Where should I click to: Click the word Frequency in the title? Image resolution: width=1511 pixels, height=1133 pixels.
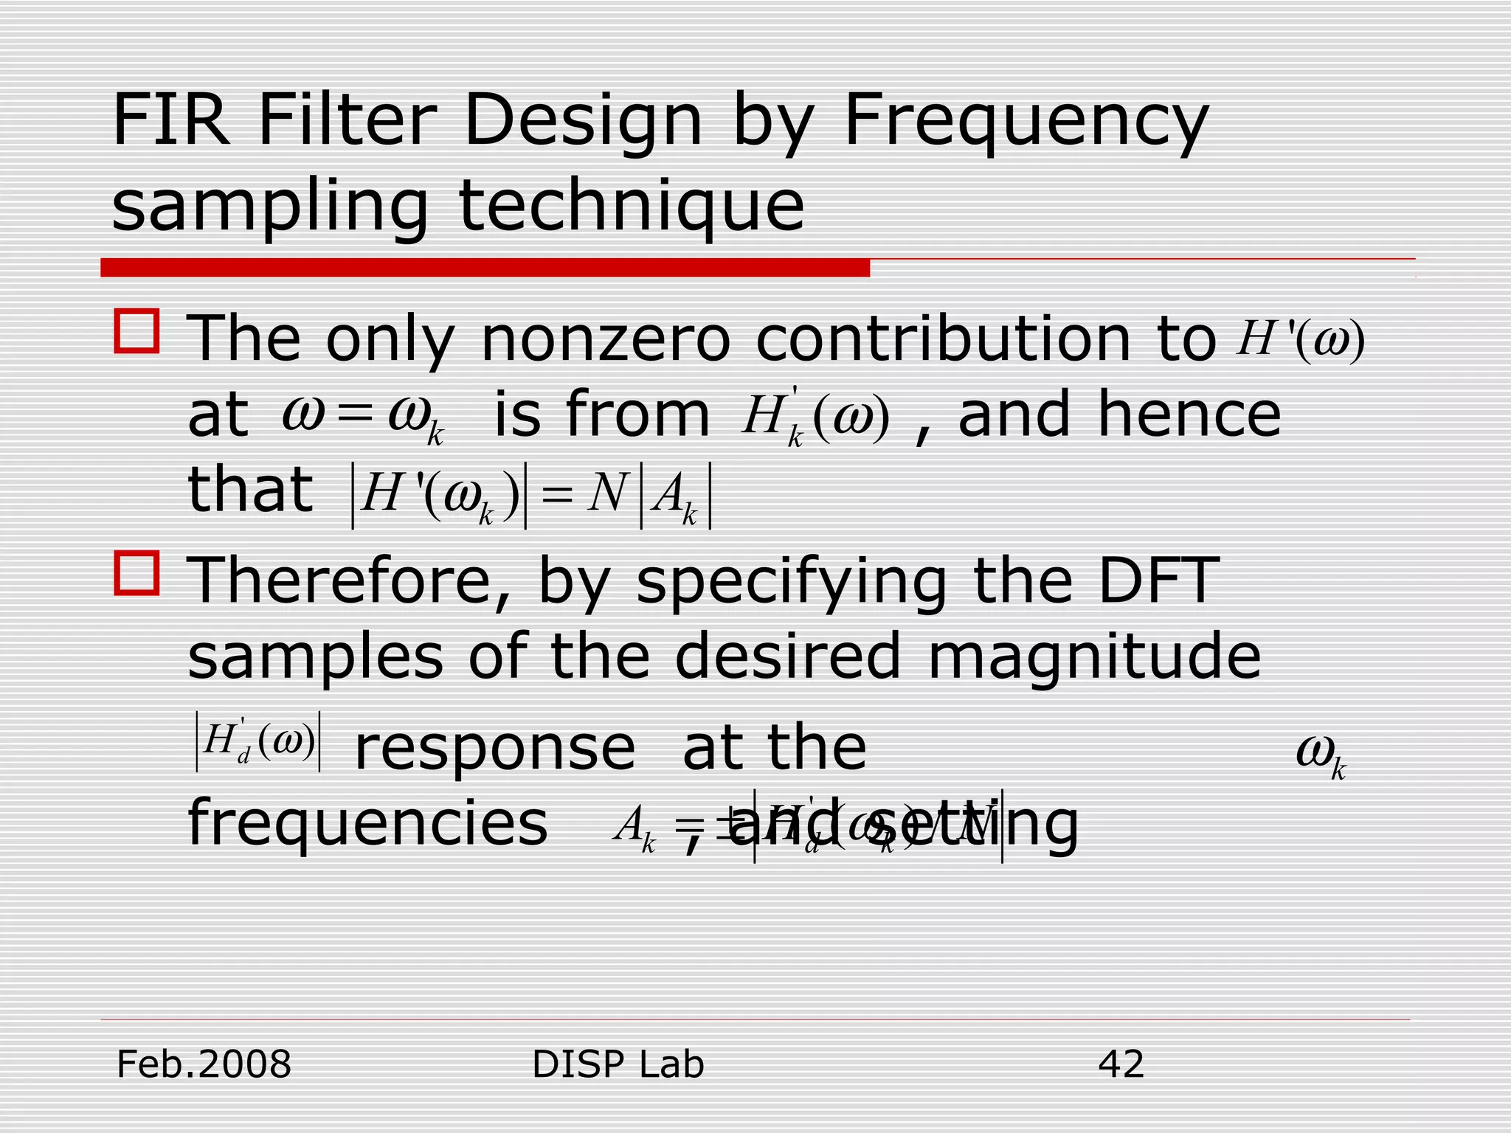click(x=1026, y=122)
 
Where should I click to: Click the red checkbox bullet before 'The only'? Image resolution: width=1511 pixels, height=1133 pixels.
click(x=137, y=331)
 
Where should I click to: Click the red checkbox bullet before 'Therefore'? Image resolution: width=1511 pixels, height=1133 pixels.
click(x=137, y=573)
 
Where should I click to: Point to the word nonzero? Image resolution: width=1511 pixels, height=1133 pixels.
click(x=605, y=339)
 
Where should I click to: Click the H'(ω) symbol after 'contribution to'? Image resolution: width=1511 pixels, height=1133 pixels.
click(x=1300, y=339)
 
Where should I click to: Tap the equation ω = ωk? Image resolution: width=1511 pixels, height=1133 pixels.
click(x=363, y=417)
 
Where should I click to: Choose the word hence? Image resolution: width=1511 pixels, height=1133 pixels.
click(x=1189, y=415)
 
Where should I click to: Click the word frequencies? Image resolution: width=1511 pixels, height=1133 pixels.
click(x=367, y=825)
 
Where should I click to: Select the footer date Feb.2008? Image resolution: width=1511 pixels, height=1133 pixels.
click(x=204, y=1064)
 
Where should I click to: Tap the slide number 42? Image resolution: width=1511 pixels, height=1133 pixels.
click(x=1121, y=1064)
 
